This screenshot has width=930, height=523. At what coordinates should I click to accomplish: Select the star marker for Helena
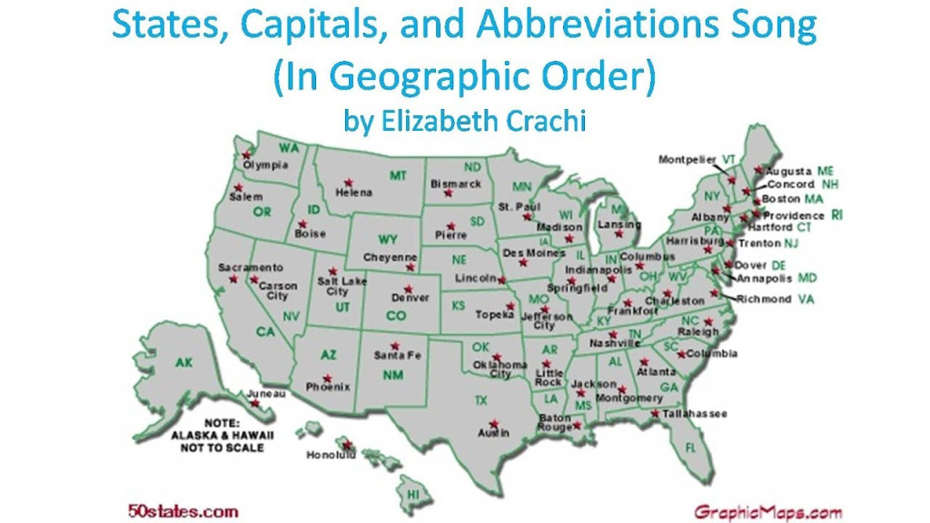[348, 182]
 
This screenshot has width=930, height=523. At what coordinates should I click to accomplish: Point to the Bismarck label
[456, 183]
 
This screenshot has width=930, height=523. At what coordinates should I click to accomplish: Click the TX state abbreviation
[480, 400]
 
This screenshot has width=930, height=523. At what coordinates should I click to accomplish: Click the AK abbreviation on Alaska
[184, 363]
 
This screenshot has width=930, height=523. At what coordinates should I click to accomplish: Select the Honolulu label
[331, 454]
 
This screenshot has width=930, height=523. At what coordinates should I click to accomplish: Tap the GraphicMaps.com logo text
[769, 511]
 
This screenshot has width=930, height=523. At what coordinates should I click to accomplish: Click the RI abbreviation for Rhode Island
[837, 215]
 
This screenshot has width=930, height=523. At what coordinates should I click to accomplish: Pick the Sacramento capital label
[251, 268]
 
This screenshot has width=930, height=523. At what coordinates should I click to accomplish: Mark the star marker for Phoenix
[326, 378]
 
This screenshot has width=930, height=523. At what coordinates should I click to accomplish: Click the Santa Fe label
[398, 355]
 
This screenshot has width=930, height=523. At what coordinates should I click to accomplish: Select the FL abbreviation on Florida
[690, 447]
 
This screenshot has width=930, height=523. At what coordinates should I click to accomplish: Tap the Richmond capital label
[764, 299]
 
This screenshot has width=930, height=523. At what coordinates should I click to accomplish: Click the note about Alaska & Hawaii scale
[219, 435]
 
